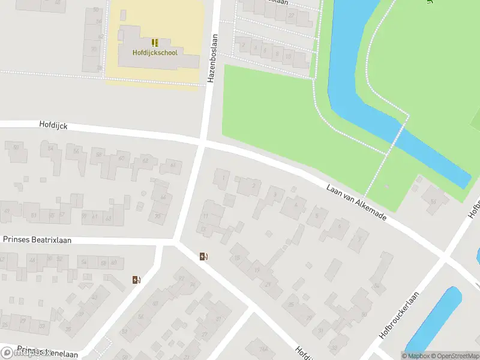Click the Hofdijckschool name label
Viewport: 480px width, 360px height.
(155, 52)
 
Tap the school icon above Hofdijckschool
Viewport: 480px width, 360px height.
(155, 42)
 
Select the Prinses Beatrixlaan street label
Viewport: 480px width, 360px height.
(37, 239)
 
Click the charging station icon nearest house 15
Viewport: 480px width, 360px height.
(204, 257)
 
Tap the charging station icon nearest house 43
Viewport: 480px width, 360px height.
(136, 280)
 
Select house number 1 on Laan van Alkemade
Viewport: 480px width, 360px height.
(223, 178)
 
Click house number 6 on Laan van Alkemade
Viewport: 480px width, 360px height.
(340, 227)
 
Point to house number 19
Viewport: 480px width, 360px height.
(257, 271)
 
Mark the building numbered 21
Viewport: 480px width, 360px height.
(268, 284)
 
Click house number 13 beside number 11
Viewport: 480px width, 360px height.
(204, 229)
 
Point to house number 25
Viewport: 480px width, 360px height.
(292, 305)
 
